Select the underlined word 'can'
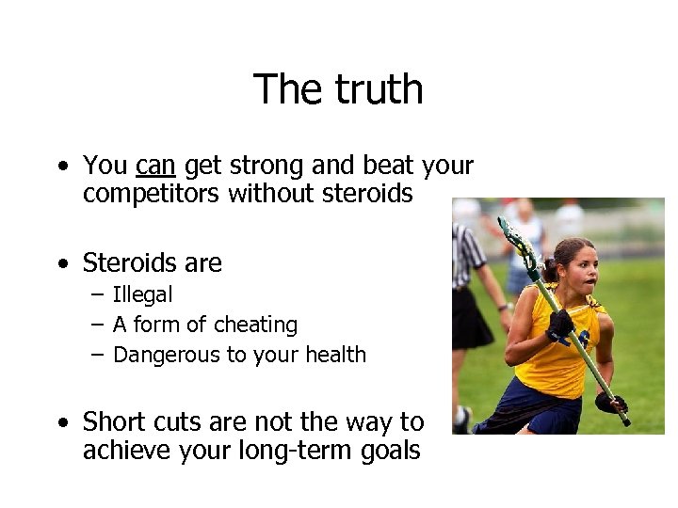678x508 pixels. tap(155, 167)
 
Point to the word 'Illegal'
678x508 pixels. tap(142, 294)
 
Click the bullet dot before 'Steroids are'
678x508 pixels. tap(62, 262)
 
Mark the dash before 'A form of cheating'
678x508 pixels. tap(99, 325)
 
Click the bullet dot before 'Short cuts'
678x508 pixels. tap(62, 422)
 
